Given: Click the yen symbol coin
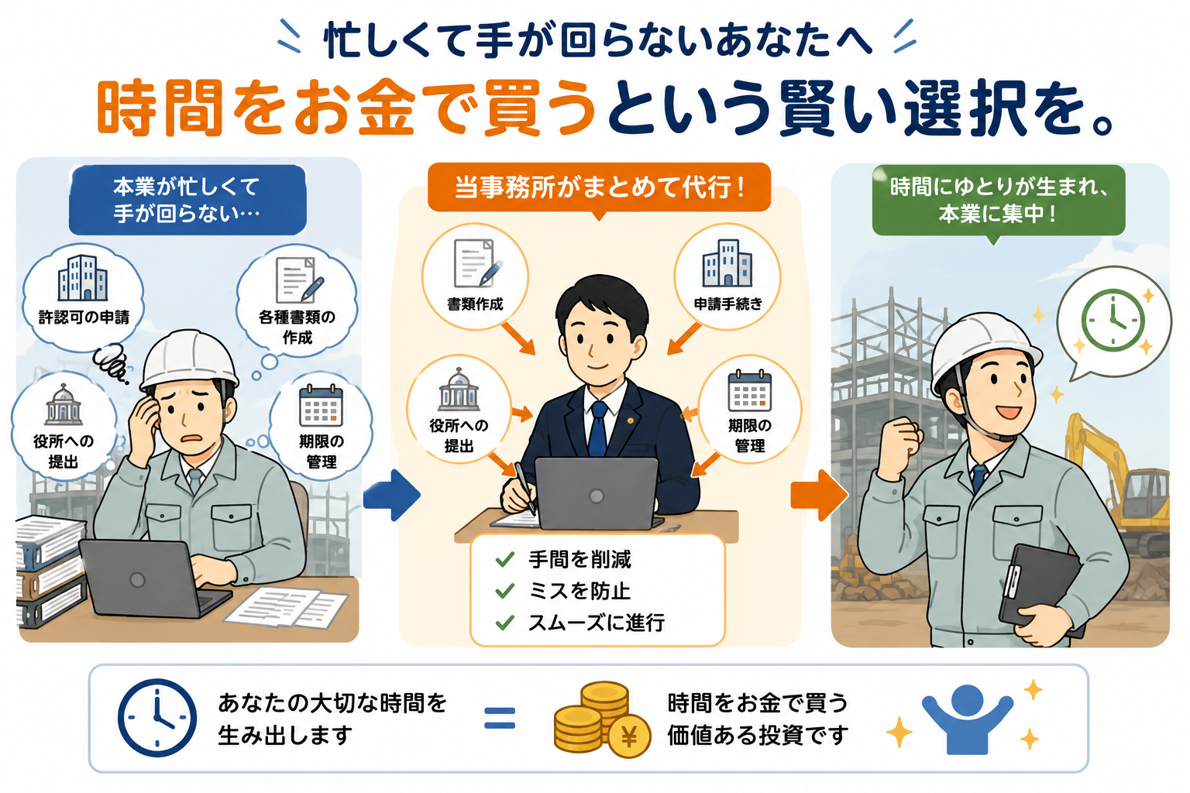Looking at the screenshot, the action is [x=629, y=736].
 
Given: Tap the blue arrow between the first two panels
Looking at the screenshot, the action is [x=392, y=495].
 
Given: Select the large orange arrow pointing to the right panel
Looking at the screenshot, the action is [x=819, y=495].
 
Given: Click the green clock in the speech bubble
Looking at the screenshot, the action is [x=1113, y=321].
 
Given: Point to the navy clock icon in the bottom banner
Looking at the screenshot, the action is [x=156, y=718].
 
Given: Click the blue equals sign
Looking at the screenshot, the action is [x=500, y=718].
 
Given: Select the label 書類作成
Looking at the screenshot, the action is [x=475, y=304].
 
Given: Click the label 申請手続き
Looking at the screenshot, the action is [x=728, y=304].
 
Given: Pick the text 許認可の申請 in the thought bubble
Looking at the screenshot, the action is [x=84, y=318].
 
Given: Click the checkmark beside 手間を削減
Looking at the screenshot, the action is [x=504, y=559].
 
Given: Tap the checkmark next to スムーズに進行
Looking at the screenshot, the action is [x=504, y=623].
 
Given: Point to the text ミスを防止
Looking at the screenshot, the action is [x=580, y=591].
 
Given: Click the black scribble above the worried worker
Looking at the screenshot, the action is [x=111, y=362].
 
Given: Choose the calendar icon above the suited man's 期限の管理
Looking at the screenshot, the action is [x=750, y=391].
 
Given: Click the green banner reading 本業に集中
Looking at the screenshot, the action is [x=999, y=201].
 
